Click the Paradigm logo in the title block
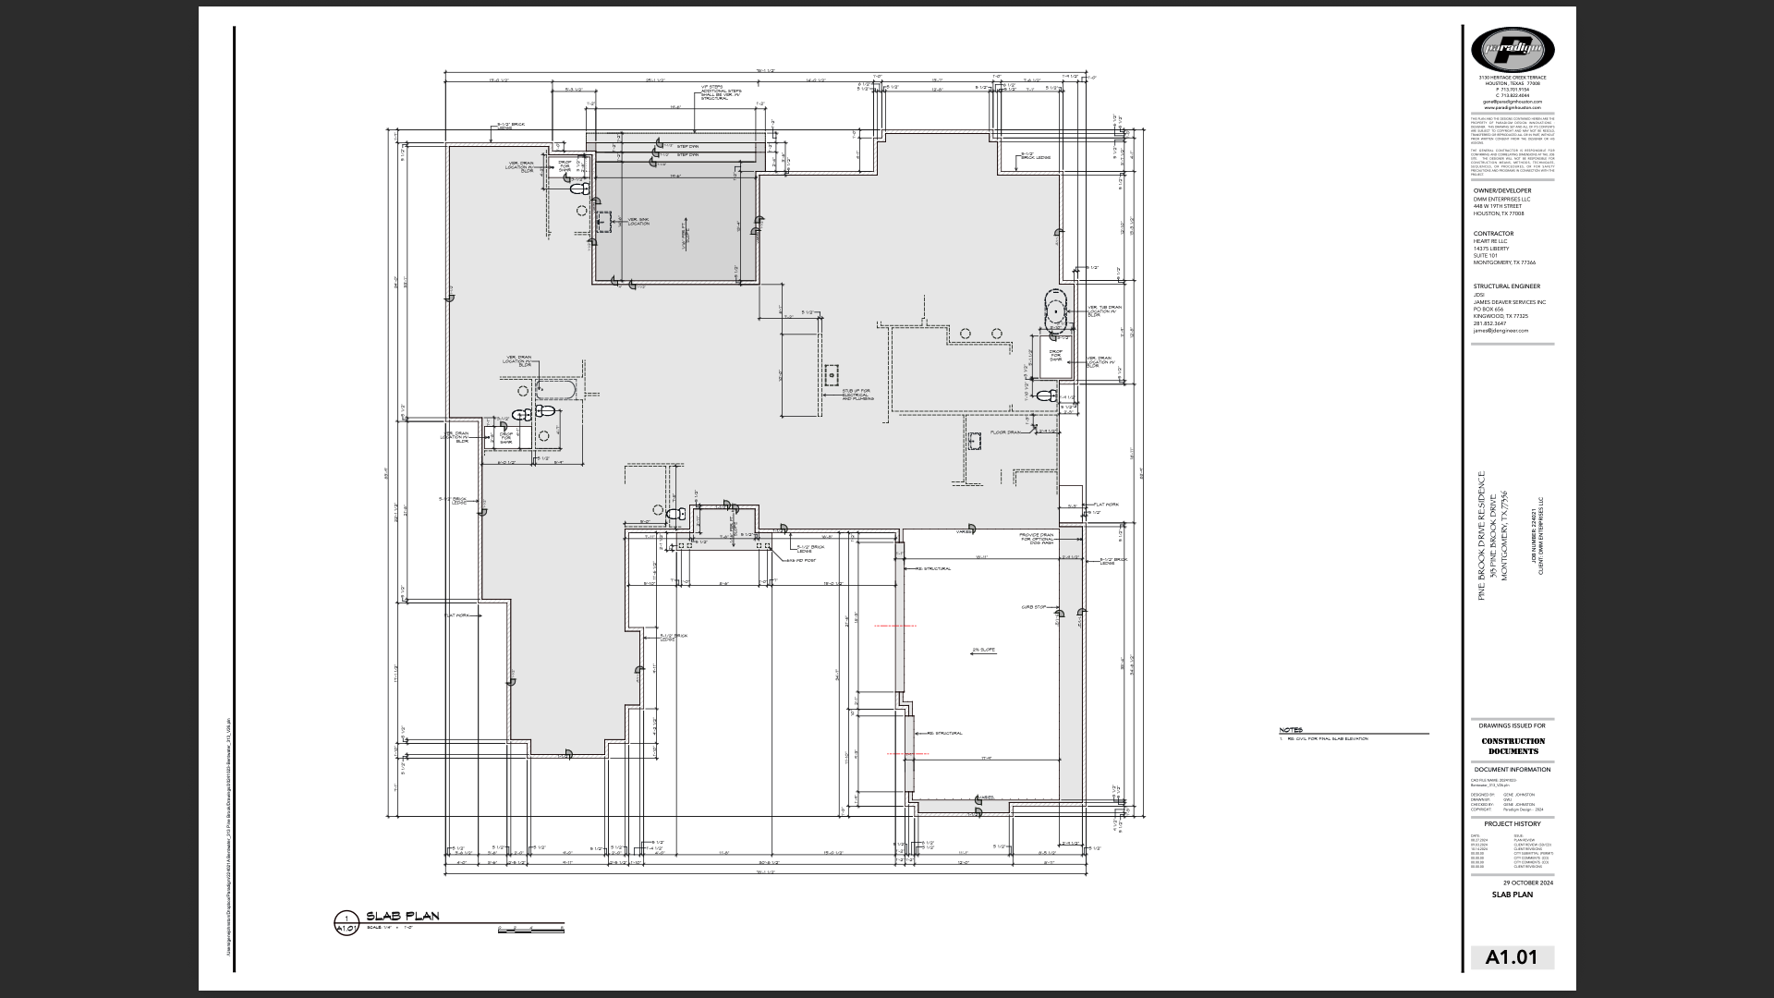1512,48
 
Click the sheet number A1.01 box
1512,957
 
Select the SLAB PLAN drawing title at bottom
403,917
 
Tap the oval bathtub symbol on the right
1056,310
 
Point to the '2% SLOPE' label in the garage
983,650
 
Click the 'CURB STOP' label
1033,607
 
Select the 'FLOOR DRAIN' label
1004,432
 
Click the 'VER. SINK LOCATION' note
638,222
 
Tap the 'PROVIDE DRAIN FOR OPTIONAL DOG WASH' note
1036,538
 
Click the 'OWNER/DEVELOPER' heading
1501,190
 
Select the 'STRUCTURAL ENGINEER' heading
1506,286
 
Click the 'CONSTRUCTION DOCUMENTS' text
1513,746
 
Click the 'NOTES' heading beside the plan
1291,731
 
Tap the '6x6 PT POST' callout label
800,560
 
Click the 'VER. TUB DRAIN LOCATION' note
1104,310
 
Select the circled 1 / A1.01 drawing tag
346,923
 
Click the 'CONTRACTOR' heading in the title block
1493,234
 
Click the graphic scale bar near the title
530,929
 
